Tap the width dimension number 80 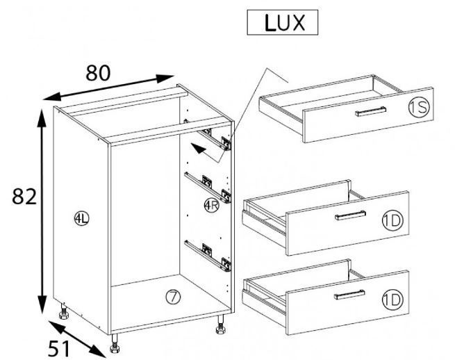pyautogui.click(x=98, y=73)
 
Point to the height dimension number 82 pyautogui.click(x=24, y=196)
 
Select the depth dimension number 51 pyautogui.click(x=59, y=348)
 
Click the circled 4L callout pyautogui.click(x=81, y=219)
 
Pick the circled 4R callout pyautogui.click(x=211, y=205)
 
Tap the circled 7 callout pyautogui.click(x=173, y=297)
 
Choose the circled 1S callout pyautogui.click(x=418, y=108)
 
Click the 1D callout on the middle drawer pyautogui.click(x=392, y=221)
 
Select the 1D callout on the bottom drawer pyautogui.click(x=392, y=300)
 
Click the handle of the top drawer pyautogui.click(x=370, y=111)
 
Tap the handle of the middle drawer pyautogui.click(x=350, y=215)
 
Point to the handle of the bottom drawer pyautogui.click(x=349, y=295)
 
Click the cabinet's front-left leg pyautogui.click(x=115, y=343)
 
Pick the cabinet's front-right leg pyautogui.click(x=220, y=325)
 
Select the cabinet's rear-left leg pyautogui.click(x=63, y=311)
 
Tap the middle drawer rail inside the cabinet pyautogui.click(x=208, y=188)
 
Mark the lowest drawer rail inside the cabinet pyautogui.click(x=208, y=256)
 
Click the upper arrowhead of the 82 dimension pyautogui.click(x=42, y=118)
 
